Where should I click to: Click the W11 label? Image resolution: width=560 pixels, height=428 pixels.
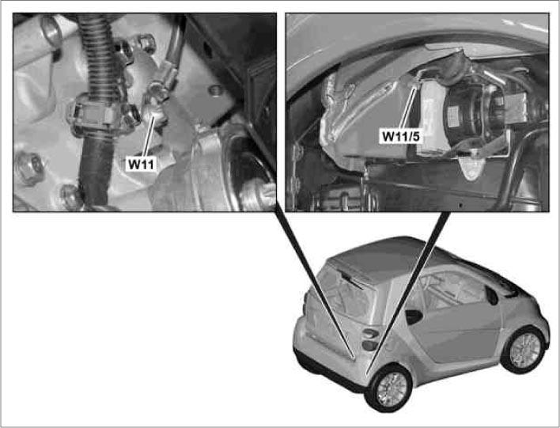(142, 164)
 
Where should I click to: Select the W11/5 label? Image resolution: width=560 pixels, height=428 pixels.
(400, 136)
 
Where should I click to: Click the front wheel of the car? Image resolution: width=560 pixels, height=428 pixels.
(524, 350)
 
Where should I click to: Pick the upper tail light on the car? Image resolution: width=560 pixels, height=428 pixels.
(371, 333)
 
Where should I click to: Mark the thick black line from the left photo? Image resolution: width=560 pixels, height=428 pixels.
(315, 285)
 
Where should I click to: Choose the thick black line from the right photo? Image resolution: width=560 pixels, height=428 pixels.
(408, 293)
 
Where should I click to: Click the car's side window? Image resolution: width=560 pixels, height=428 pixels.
(450, 290)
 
